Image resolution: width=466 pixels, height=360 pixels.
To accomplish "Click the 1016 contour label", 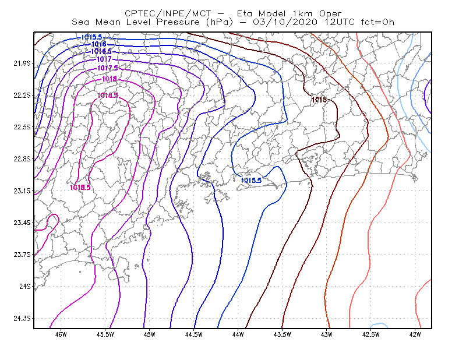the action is click(98, 44).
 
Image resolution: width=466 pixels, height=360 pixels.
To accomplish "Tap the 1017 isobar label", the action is click(104, 59).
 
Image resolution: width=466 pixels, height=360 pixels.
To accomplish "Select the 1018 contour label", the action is click(110, 79).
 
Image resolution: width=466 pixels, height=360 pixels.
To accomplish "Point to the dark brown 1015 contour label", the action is click(319, 100).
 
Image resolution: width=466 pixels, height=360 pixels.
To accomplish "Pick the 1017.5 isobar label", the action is click(108, 68).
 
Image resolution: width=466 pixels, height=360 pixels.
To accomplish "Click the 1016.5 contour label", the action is click(101, 51).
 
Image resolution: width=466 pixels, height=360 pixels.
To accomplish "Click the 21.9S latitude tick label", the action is click(22, 63).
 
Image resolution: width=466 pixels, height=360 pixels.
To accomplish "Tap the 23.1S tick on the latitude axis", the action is click(22, 190).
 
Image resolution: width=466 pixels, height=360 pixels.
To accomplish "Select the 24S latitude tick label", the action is click(25, 286).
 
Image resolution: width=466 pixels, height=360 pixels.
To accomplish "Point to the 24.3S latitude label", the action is click(22, 319).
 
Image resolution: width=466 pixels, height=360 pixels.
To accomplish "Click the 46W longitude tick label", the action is click(61, 334).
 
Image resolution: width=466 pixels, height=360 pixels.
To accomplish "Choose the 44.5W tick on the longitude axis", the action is click(193, 334).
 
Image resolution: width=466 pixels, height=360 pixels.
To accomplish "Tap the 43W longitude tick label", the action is click(327, 334).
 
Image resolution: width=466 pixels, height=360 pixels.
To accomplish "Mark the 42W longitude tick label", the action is click(415, 334).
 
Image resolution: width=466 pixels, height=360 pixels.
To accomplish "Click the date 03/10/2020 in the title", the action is click(285, 22).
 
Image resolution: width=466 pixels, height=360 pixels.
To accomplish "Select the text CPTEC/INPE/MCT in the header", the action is click(168, 13).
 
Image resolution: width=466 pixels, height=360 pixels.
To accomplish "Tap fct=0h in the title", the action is click(377, 22).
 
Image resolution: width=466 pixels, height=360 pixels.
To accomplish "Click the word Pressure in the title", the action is click(178, 22).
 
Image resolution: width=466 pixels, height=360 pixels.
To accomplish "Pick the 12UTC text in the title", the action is click(340, 22).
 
